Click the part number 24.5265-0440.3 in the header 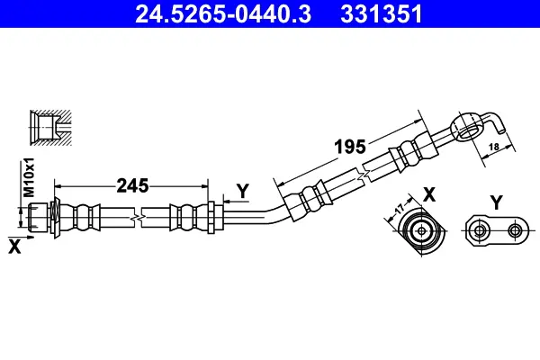(x=223, y=14)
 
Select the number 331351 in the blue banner (x=382, y=14)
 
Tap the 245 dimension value (x=132, y=186)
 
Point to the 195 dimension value (x=350, y=147)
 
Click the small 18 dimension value (x=494, y=147)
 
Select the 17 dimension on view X (x=400, y=209)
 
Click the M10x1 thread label (x=29, y=177)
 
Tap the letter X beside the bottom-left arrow (x=14, y=247)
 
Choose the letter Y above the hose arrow (x=243, y=191)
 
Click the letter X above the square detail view (x=429, y=194)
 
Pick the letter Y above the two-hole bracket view (x=496, y=202)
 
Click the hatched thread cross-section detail (x=50, y=128)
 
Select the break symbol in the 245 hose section (x=138, y=218)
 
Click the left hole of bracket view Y (x=478, y=230)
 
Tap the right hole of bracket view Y (x=515, y=230)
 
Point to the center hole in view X (x=421, y=230)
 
